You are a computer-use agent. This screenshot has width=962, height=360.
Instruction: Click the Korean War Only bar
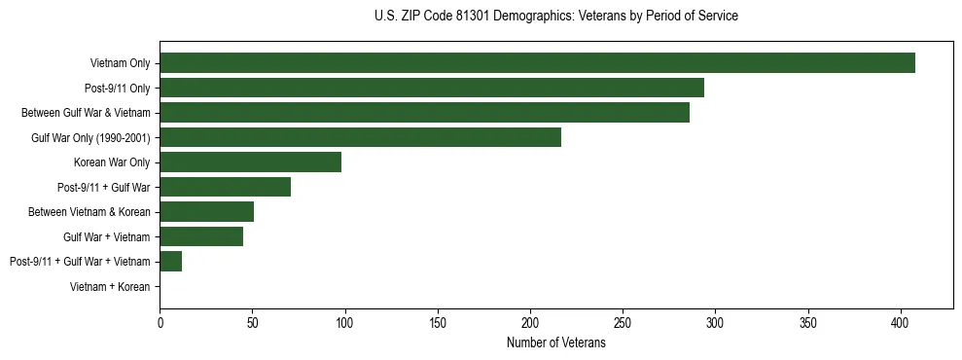click(x=250, y=162)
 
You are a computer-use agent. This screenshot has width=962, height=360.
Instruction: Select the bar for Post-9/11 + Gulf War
click(x=225, y=187)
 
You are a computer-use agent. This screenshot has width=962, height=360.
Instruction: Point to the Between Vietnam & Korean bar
click(x=206, y=212)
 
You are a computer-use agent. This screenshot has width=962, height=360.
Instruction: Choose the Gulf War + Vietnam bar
click(x=201, y=236)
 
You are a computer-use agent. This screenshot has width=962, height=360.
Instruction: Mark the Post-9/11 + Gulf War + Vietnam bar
click(x=170, y=261)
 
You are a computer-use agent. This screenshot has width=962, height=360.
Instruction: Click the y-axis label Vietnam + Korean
click(x=110, y=287)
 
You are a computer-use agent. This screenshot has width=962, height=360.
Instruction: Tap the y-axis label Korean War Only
click(x=112, y=162)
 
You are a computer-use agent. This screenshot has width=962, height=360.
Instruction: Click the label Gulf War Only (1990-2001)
click(x=90, y=137)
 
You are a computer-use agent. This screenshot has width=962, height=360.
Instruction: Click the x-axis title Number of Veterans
click(x=555, y=342)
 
